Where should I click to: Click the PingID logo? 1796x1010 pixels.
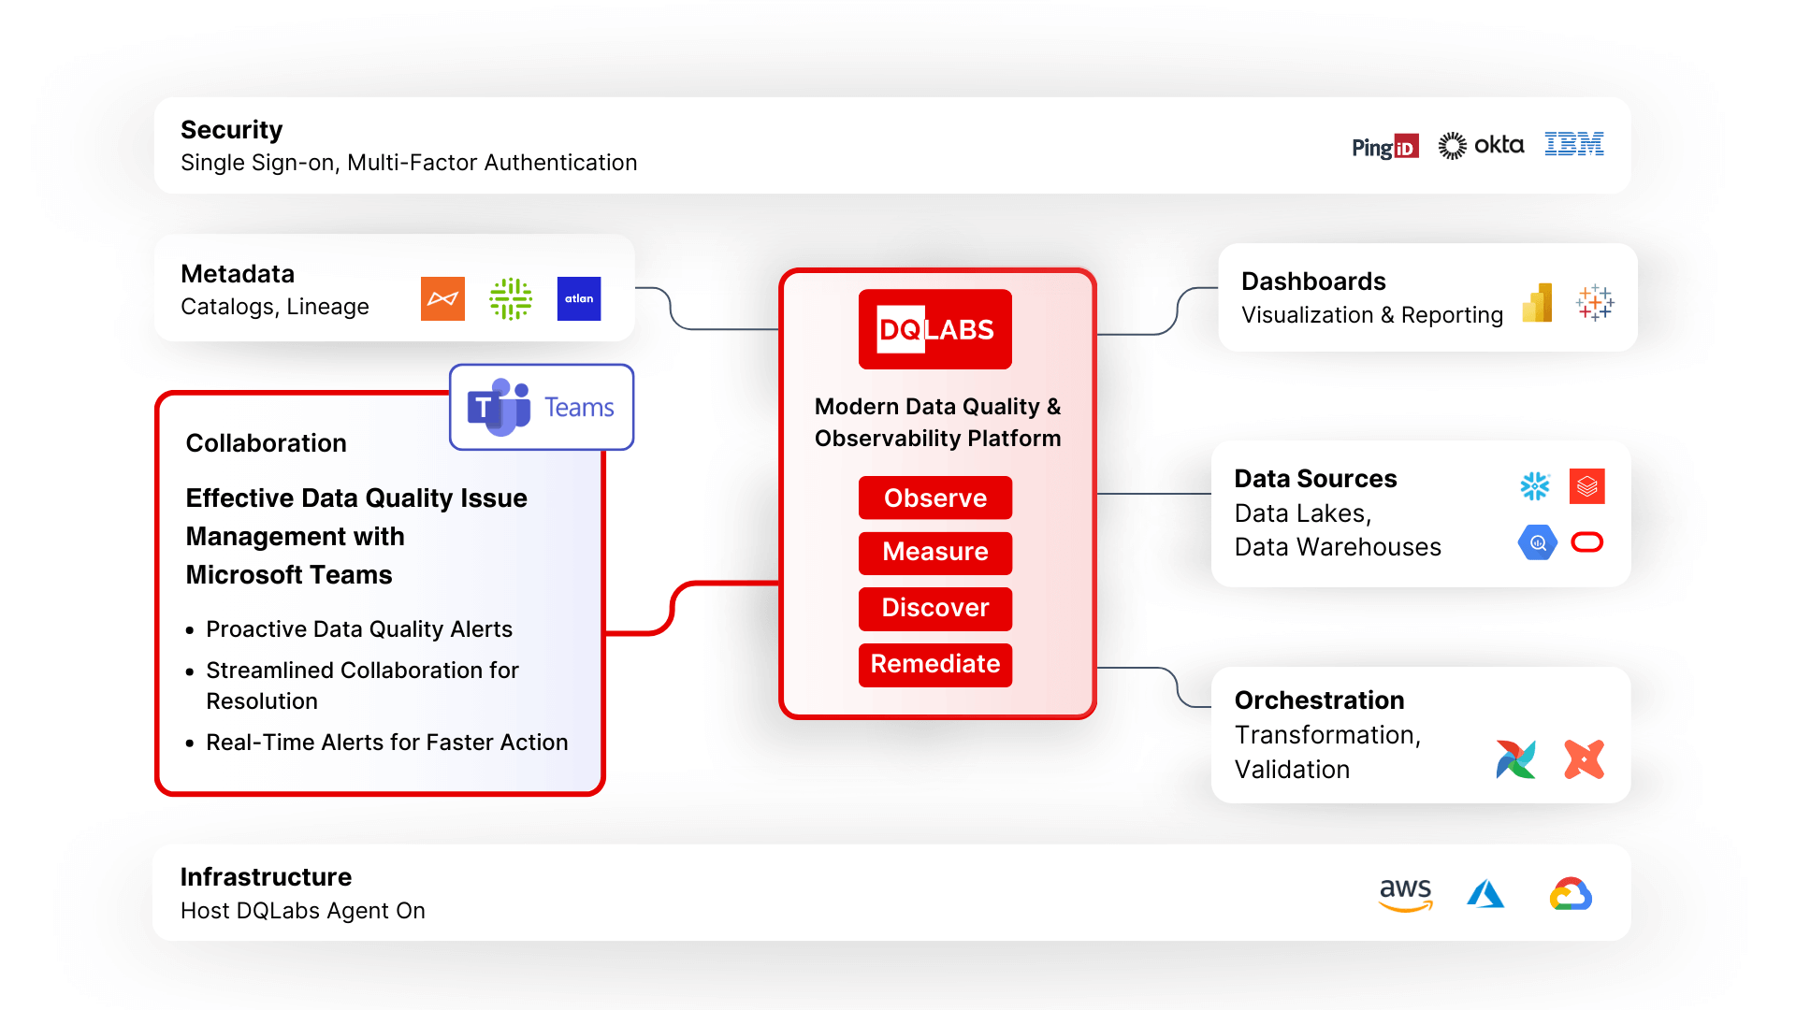(1384, 147)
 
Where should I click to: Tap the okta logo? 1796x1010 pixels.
(1481, 145)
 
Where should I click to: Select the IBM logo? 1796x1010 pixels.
(1573, 144)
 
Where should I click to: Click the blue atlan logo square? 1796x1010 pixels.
(579, 298)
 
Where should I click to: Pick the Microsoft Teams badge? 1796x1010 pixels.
(542, 407)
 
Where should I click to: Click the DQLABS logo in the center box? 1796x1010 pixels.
(935, 329)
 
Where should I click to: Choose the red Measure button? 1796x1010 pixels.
(935, 552)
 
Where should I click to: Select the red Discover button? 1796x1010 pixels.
(935, 608)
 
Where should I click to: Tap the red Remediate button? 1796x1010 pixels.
(935, 664)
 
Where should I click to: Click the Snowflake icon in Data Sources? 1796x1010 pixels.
(1535, 486)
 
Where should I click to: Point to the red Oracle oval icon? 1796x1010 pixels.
(1587, 542)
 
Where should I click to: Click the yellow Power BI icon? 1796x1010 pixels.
(1538, 303)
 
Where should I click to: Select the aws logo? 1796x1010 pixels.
(1405, 894)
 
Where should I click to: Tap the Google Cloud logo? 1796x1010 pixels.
(1571, 894)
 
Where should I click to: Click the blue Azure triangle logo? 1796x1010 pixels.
(1485, 894)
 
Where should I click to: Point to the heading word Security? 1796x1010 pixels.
(231, 129)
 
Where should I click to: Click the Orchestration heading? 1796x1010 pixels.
(1319, 700)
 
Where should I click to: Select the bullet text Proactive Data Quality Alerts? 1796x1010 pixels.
(359, 629)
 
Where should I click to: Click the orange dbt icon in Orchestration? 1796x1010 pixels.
(1584, 759)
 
